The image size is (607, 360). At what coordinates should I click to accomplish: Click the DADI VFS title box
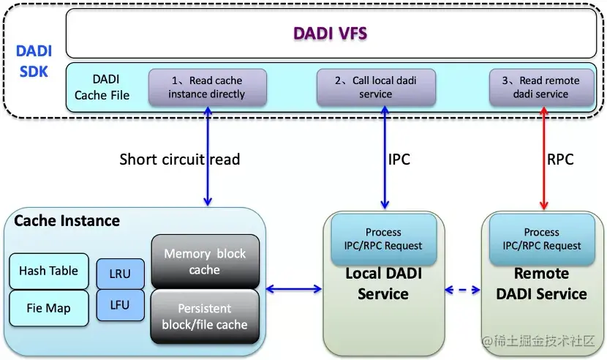pyautogui.click(x=331, y=34)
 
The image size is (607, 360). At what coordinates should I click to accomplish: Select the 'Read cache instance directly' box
pyautogui.click(x=207, y=87)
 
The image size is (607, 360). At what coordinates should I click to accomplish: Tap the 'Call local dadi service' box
pyautogui.click(x=376, y=87)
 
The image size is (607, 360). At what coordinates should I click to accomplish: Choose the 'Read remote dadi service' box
pyautogui.click(x=540, y=87)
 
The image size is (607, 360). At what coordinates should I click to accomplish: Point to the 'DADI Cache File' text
pyautogui.click(x=102, y=86)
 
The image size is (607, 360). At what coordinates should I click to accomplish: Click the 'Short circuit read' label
pyautogui.click(x=179, y=159)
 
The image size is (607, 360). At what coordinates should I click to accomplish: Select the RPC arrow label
pyautogui.click(x=560, y=159)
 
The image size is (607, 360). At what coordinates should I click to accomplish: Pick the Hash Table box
pyautogui.click(x=48, y=271)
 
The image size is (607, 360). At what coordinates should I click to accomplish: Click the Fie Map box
pyautogui.click(x=48, y=308)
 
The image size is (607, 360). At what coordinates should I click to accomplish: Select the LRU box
pyautogui.click(x=120, y=274)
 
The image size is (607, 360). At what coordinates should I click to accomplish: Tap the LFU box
pyautogui.click(x=120, y=305)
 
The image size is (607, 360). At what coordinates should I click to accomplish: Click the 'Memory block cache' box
pyautogui.click(x=205, y=261)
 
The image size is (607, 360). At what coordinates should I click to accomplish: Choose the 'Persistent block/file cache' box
pyautogui.click(x=205, y=316)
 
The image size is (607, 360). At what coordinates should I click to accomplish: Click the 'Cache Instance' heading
pyautogui.click(x=67, y=220)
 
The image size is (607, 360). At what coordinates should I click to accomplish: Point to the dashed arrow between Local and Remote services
pyautogui.click(x=462, y=290)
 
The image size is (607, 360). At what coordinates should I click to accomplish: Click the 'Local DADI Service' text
pyautogui.click(x=383, y=284)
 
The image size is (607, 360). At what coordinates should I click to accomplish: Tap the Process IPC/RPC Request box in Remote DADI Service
pyautogui.click(x=541, y=239)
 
